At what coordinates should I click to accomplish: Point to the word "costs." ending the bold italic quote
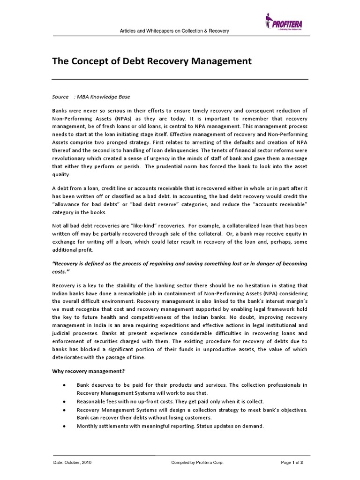(x=63, y=271)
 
